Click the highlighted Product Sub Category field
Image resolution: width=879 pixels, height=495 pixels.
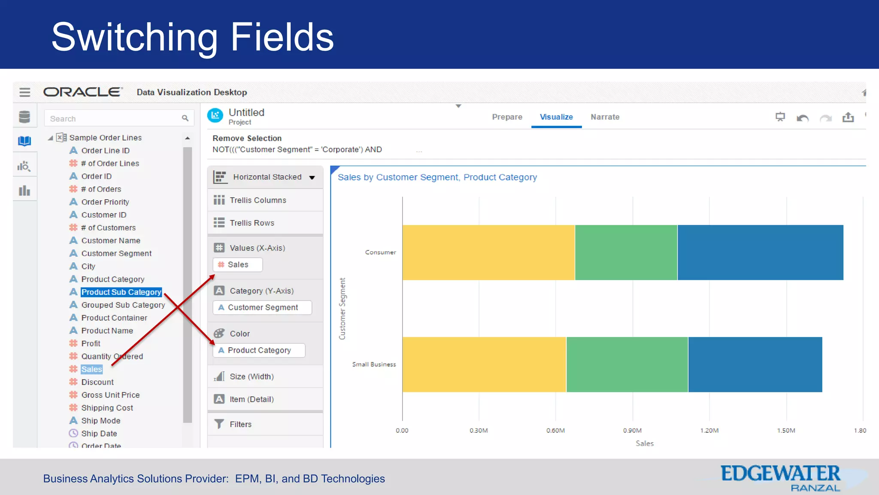[x=121, y=292]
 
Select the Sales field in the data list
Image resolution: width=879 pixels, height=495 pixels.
[x=92, y=369]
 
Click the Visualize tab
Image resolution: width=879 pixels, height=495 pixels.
[x=556, y=117]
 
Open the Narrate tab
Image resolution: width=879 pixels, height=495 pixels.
[x=605, y=117]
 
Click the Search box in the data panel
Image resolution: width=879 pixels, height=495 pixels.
[x=114, y=119]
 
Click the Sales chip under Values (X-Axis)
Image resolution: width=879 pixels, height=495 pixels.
[x=238, y=265]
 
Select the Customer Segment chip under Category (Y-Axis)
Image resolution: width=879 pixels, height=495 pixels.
[x=262, y=308]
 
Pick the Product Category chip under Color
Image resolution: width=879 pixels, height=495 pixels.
[x=259, y=350]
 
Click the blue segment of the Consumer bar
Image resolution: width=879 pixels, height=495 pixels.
[x=760, y=253]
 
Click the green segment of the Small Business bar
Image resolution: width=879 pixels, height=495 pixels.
[x=627, y=364]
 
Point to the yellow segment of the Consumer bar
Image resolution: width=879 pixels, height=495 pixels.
[x=488, y=253]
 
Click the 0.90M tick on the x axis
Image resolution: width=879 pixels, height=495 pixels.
[x=632, y=430]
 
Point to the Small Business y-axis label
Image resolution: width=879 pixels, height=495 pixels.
[x=374, y=364]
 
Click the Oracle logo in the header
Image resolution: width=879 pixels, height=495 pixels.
[x=83, y=92]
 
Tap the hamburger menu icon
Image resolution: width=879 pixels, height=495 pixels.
[x=25, y=92]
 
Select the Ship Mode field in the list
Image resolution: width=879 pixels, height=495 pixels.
[x=100, y=421]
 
